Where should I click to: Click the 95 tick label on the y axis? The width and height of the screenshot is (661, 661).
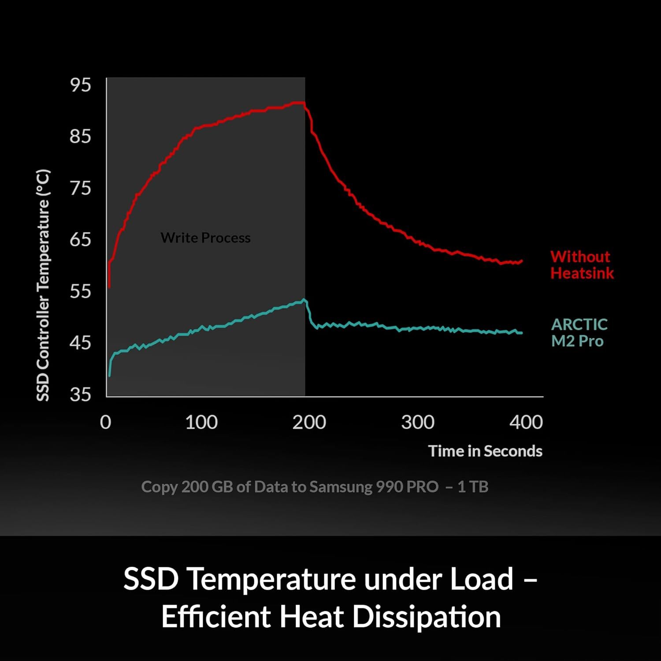click(x=80, y=85)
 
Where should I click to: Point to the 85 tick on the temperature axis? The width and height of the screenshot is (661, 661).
click(x=80, y=136)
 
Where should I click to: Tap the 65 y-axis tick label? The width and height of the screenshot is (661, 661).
click(x=80, y=239)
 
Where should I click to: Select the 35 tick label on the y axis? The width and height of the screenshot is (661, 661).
click(x=80, y=394)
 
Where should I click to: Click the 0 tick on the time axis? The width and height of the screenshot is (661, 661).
click(x=106, y=422)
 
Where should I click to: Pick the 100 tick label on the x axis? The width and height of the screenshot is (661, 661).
click(x=201, y=422)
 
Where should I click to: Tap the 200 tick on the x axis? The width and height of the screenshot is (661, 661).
click(x=309, y=422)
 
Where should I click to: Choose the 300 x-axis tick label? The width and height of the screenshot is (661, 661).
click(x=417, y=422)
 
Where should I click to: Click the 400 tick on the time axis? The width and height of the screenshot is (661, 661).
click(x=526, y=422)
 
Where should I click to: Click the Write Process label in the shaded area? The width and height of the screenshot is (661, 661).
click(x=205, y=238)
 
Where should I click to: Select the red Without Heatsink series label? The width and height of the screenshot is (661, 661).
click(x=582, y=265)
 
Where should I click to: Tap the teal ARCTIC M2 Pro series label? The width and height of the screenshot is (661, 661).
click(x=579, y=333)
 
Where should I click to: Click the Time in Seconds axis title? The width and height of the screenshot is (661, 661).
click(x=485, y=451)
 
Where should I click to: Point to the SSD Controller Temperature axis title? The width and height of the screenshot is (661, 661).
click(x=43, y=285)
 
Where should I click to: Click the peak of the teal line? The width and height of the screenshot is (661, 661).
click(x=304, y=300)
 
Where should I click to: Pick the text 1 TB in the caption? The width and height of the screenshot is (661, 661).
click(x=473, y=486)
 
